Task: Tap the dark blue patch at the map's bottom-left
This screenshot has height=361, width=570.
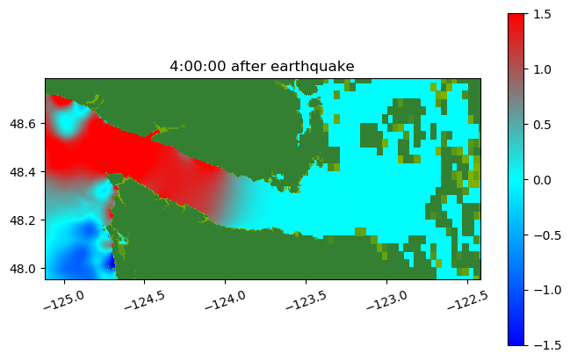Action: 111,263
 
